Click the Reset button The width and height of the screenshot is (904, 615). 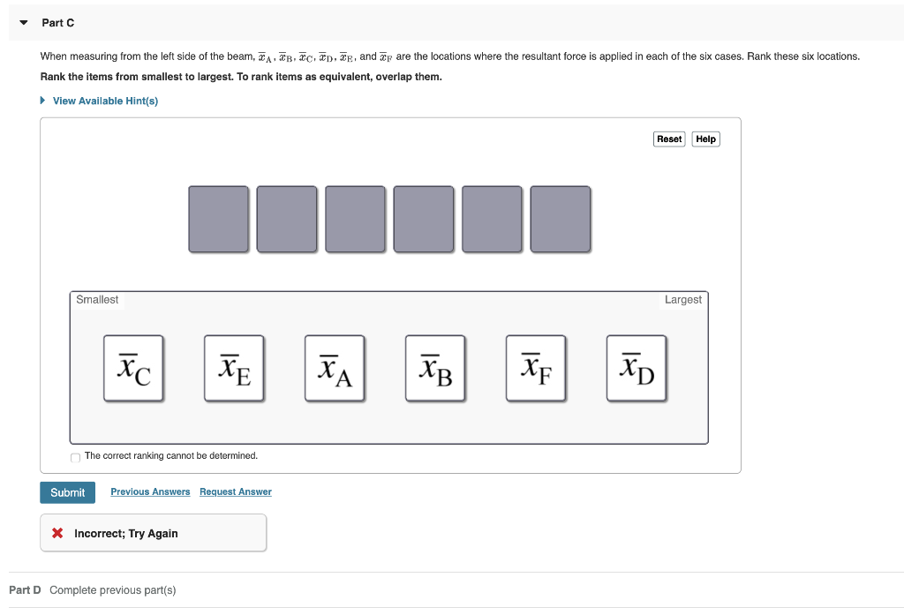(x=669, y=139)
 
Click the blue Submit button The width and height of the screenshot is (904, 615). (x=67, y=492)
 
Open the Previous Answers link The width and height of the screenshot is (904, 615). (x=150, y=491)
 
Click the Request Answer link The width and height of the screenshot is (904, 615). (x=236, y=491)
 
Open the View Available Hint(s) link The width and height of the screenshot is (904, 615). (x=104, y=101)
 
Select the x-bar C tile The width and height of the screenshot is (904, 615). (x=133, y=368)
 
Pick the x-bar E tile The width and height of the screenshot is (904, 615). (x=234, y=368)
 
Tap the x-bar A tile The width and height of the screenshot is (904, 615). (x=335, y=368)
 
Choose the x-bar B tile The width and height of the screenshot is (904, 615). (x=435, y=368)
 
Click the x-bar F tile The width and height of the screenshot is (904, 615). (x=536, y=368)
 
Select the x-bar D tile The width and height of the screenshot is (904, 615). (x=637, y=368)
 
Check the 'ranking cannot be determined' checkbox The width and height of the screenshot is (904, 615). (x=76, y=457)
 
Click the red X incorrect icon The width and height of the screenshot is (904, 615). (x=57, y=533)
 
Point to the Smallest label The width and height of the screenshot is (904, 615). (x=97, y=300)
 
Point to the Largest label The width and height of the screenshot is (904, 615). (x=682, y=300)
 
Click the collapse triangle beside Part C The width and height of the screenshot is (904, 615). (x=24, y=22)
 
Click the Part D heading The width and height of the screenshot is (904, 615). (x=25, y=589)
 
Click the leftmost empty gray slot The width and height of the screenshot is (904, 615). (x=218, y=219)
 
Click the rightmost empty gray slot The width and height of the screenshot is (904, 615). (x=561, y=219)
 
